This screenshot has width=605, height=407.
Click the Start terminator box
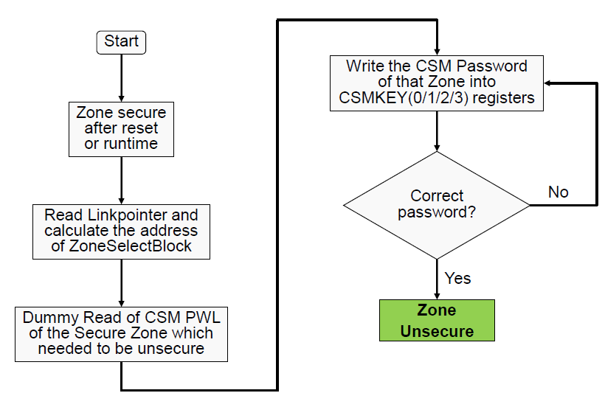point(122,41)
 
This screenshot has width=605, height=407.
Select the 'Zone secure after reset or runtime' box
point(122,128)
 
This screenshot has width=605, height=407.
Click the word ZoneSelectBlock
point(131,246)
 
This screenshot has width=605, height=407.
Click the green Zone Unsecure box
point(437,320)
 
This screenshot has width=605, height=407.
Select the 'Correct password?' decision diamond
point(437,205)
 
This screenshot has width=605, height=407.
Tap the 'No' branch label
point(558,192)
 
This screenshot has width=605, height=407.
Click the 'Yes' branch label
point(457,278)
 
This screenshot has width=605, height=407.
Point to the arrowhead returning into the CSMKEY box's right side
point(550,83)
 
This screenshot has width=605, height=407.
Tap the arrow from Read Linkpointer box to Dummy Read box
point(122,282)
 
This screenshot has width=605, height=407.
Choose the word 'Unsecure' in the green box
point(437,331)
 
